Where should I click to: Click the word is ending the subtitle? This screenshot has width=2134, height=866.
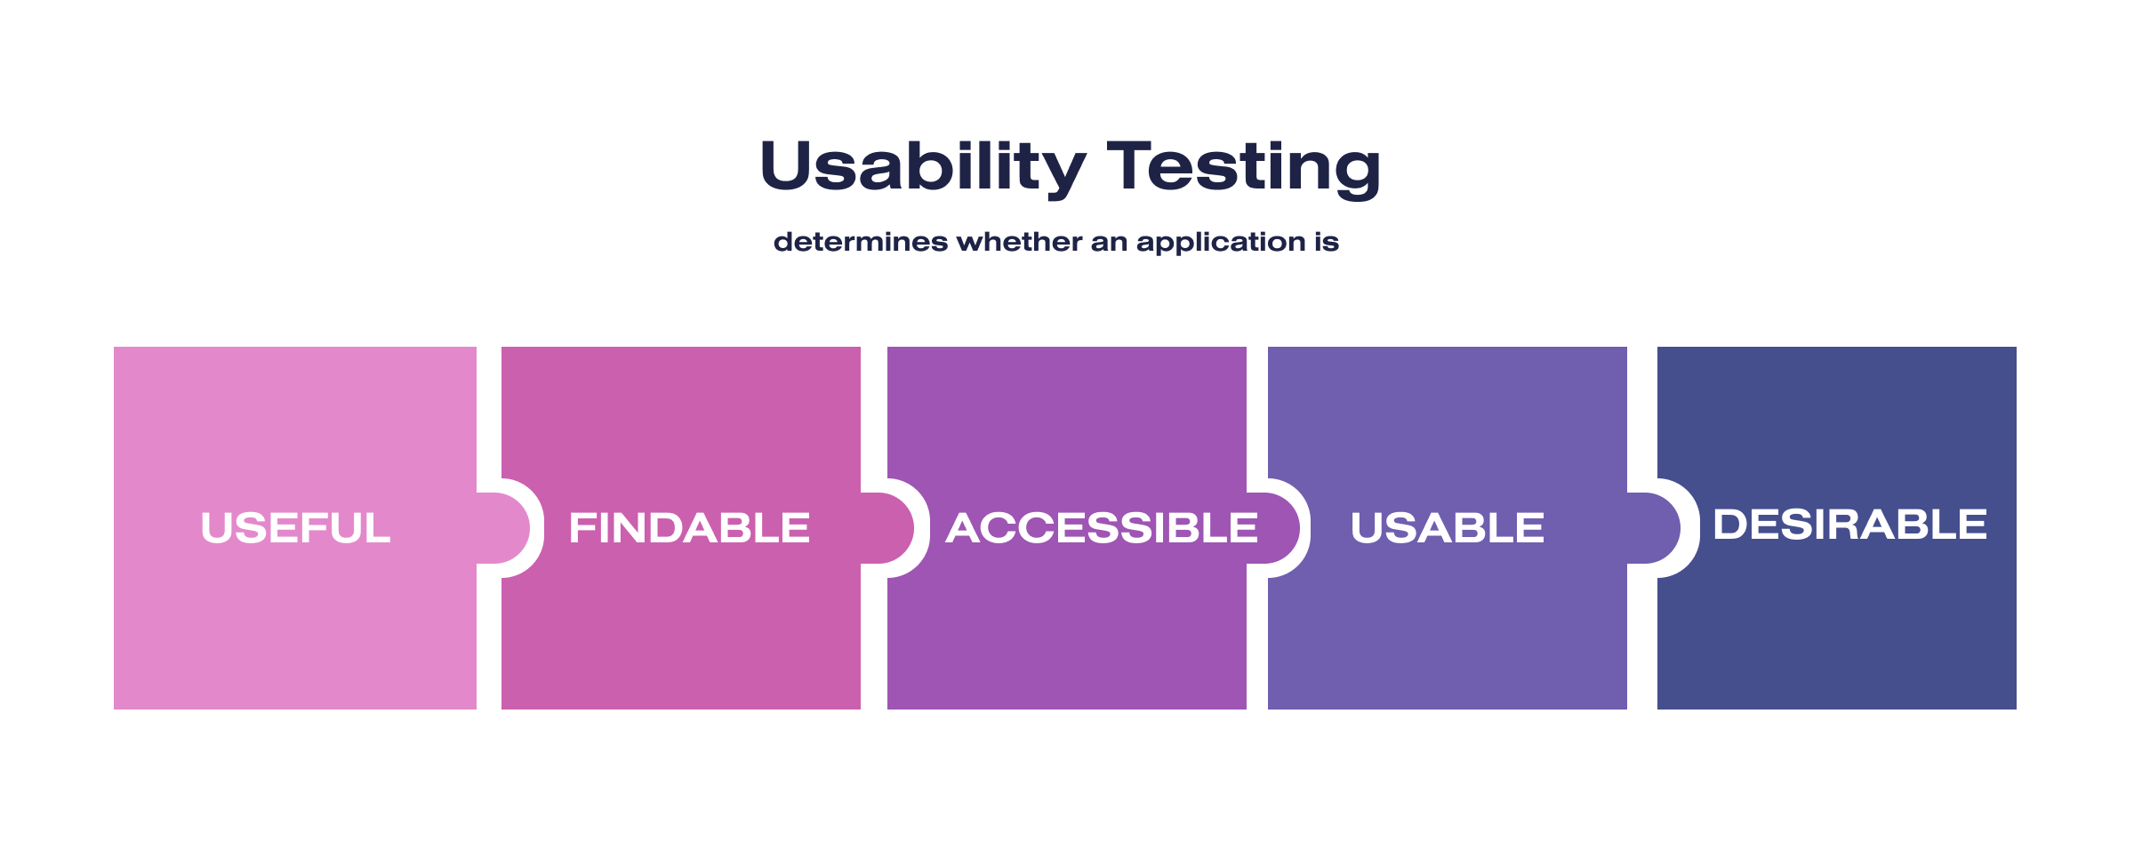pos(1327,242)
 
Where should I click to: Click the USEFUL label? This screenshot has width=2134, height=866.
pos(295,528)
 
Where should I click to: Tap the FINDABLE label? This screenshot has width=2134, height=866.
pos(689,528)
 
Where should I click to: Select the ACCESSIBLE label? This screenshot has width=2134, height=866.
pos(1101,528)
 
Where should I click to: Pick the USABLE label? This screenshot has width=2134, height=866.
pos(1447,528)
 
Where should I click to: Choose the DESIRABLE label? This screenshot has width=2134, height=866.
pos(1849,525)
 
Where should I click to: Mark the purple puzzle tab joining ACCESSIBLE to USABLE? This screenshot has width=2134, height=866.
pos(1275,528)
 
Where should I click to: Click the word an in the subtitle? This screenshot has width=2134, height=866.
pos(1108,242)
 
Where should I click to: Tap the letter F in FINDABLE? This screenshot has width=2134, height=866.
pos(583,528)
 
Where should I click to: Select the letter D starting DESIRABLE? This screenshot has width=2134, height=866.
pos(1730,525)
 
